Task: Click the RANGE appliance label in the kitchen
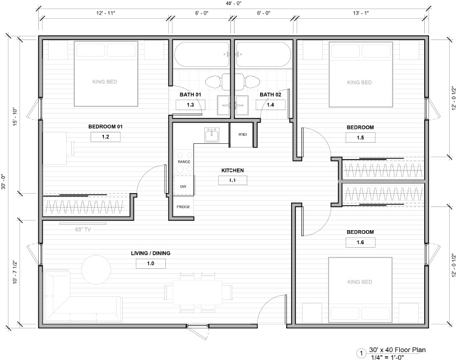point(184,161)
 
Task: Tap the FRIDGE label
point(183,207)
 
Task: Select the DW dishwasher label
point(183,186)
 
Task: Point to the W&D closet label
point(242,134)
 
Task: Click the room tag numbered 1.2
point(106,137)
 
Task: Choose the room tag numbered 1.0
point(151,263)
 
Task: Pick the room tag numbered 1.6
point(360,242)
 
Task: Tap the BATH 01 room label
point(190,95)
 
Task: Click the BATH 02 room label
point(270,95)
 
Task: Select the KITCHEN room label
point(233,171)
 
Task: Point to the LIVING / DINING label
point(151,253)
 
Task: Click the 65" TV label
point(83,229)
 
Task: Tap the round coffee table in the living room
point(96,270)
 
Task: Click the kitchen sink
point(212,135)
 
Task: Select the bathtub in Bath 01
point(202,55)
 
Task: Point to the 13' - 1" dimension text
point(361,13)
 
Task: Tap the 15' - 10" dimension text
point(15,117)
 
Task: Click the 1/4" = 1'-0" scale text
point(387,357)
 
